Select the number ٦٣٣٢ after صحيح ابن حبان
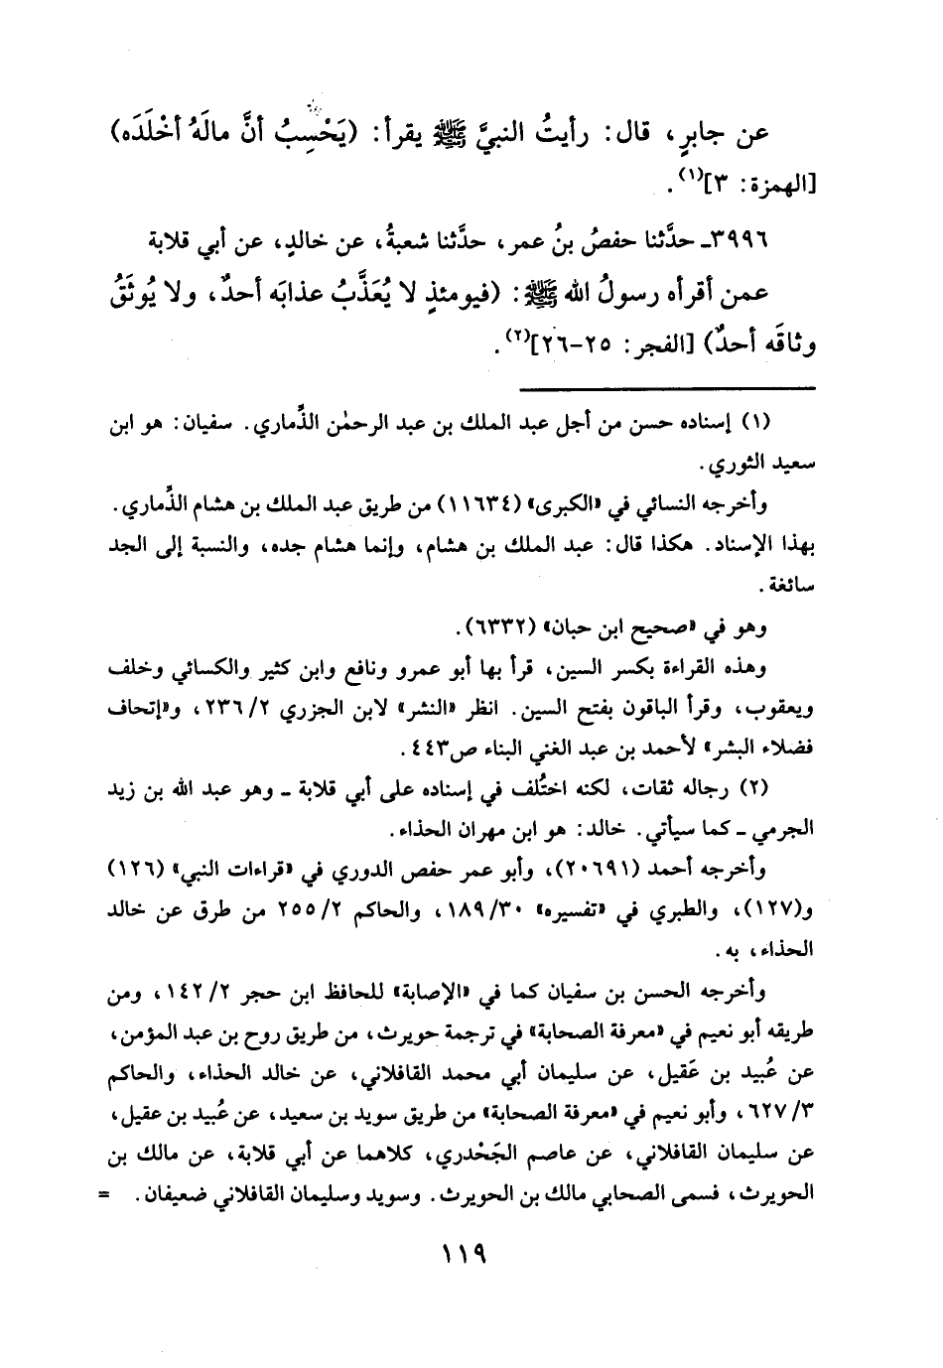(x=496, y=628)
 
